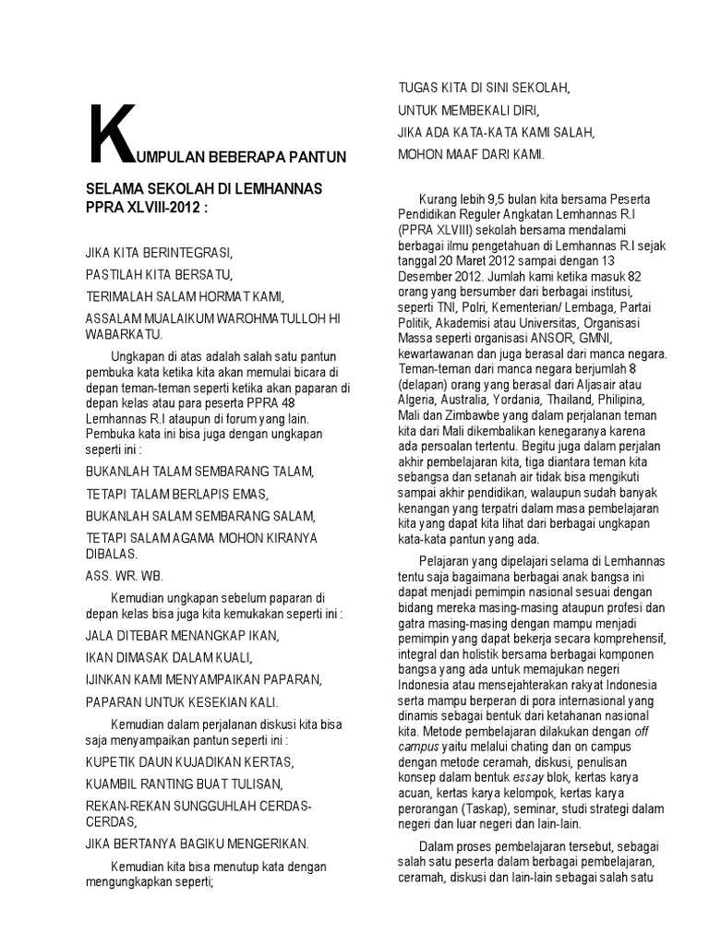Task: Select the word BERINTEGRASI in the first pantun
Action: pyautogui.click(x=191, y=251)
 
